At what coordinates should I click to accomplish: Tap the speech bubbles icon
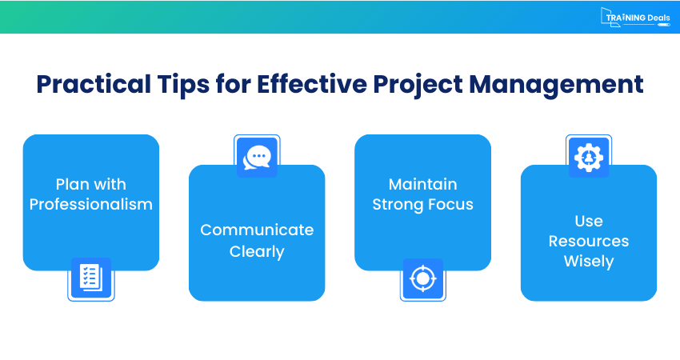point(256,157)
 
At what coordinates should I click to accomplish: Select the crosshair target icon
point(422,278)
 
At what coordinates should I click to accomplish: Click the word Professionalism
point(90,205)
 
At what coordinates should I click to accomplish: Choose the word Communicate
point(257,230)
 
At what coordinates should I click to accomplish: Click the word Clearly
point(257,252)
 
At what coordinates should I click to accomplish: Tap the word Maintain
point(422,184)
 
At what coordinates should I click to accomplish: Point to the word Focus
point(450,205)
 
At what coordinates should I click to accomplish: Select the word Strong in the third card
point(398,205)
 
